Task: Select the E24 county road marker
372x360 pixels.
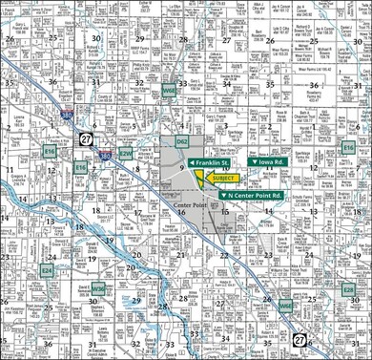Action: (46, 244)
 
